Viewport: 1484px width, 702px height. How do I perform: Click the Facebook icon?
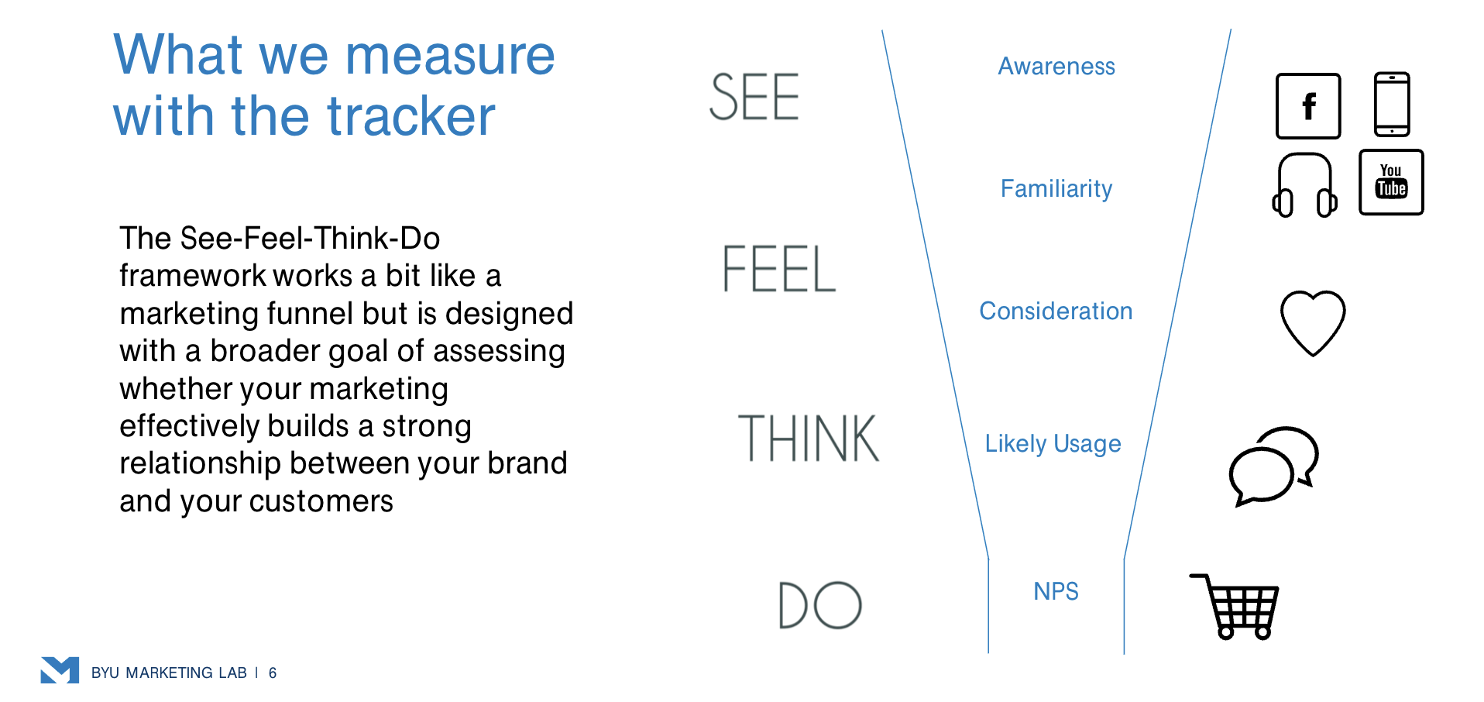click(x=1307, y=106)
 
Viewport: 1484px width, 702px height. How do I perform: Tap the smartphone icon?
click(x=1391, y=105)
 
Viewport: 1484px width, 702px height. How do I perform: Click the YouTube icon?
click(x=1391, y=182)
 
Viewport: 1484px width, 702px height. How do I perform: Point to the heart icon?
click(x=1312, y=322)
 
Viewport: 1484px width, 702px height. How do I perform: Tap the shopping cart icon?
click(x=1236, y=607)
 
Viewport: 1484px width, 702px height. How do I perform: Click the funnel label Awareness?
click(x=1056, y=67)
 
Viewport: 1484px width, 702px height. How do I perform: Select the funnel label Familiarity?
click(x=1056, y=189)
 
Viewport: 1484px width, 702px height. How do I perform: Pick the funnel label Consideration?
click(x=1056, y=311)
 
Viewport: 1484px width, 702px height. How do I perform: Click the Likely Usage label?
click(x=1053, y=444)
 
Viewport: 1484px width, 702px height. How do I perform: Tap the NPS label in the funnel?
click(x=1056, y=592)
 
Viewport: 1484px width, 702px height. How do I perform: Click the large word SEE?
click(x=754, y=98)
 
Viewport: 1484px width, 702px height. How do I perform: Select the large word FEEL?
click(x=778, y=270)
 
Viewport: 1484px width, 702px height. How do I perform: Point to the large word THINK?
click(x=808, y=439)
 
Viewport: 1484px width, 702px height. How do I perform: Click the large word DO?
click(x=819, y=606)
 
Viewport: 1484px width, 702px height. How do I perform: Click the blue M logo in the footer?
click(x=60, y=670)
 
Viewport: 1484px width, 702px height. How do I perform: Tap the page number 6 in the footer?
click(x=273, y=673)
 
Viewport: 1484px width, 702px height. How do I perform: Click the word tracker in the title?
click(x=411, y=117)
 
